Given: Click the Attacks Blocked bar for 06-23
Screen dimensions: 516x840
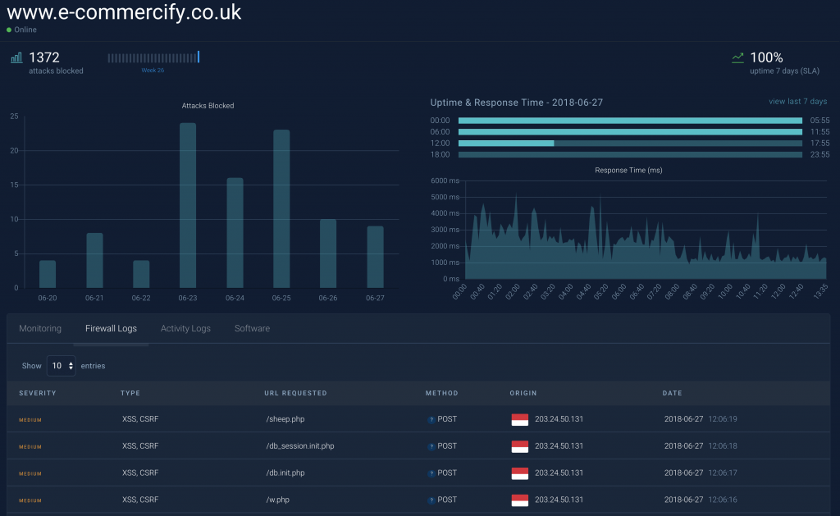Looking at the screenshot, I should click(x=188, y=205).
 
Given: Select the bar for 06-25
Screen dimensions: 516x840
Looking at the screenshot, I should click(x=281, y=208).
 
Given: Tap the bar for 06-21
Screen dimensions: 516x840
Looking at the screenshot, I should click(x=94, y=260).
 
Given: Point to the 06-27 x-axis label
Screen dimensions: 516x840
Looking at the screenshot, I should click(x=375, y=298).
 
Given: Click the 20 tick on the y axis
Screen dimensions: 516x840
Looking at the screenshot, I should click(x=14, y=150).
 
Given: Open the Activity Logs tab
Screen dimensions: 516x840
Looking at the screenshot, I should click(x=185, y=328).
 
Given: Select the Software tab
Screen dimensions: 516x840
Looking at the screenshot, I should click(x=252, y=328).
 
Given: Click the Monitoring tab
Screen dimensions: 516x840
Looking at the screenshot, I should click(x=40, y=328).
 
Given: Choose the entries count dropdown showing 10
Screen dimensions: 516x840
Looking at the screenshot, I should click(x=61, y=366).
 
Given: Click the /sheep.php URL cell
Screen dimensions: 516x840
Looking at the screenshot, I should click(x=282, y=419).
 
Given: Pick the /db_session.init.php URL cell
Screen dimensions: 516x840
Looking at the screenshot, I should click(x=300, y=446).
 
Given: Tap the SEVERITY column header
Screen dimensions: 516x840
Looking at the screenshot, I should click(x=38, y=393).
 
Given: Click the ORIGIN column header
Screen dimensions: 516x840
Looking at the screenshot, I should click(x=523, y=393).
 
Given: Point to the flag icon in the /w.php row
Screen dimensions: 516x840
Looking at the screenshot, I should click(x=519, y=500).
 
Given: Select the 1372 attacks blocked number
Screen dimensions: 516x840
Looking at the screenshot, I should click(x=44, y=57).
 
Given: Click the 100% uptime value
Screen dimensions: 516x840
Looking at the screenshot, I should click(x=766, y=57).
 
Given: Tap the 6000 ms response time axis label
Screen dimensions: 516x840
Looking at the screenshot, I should click(x=445, y=180).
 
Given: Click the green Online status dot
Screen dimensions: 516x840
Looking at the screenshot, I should click(x=9, y=30).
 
